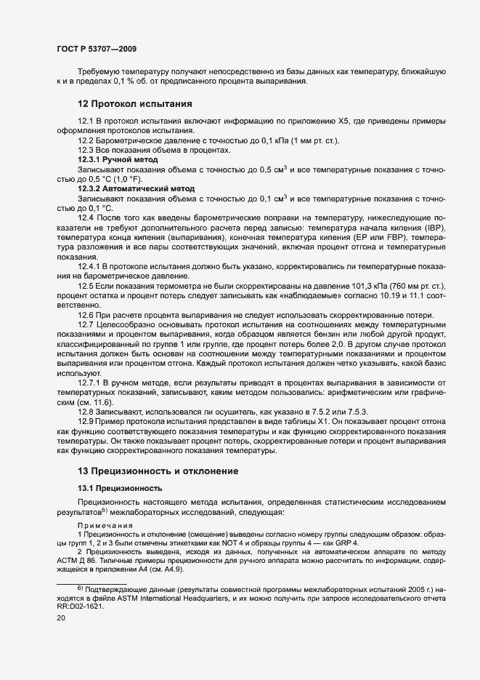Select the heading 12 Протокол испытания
tap(134, 103)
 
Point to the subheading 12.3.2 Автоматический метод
tap(137, 188)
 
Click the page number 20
tap(61, 617)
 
